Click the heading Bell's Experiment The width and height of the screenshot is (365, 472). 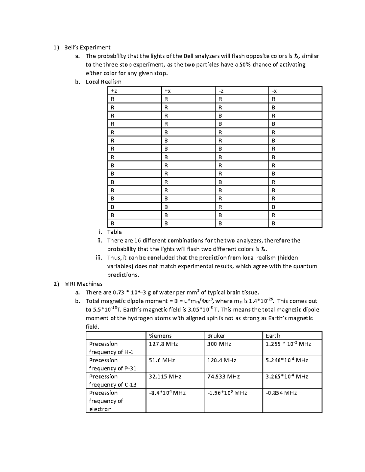tap(87, 47)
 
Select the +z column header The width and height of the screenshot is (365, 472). tap(113, 91)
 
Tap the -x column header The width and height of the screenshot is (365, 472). tap(274, 91)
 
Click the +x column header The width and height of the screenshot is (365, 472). tap(168, 91)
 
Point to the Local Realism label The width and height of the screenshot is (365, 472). tap(103, 82)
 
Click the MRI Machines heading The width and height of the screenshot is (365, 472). tap(83, 284)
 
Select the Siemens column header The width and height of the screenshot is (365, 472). tap(160, 336)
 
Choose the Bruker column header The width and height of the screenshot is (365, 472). tap(216, 336)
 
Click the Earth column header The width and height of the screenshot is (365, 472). tap(273, 336)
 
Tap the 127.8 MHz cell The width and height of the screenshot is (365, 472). tap(163, 344)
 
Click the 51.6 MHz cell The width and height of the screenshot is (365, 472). tap(162, 360)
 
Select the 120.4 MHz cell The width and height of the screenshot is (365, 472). tap(222, 360)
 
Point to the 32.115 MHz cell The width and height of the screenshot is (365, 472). tap(165, 377)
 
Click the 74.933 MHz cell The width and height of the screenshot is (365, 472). tap(223, 377)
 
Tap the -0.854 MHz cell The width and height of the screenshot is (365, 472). tap(281, 393)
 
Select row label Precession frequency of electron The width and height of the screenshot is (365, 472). tap(106, 401)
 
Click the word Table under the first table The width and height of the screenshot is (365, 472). tap(114, 232)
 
